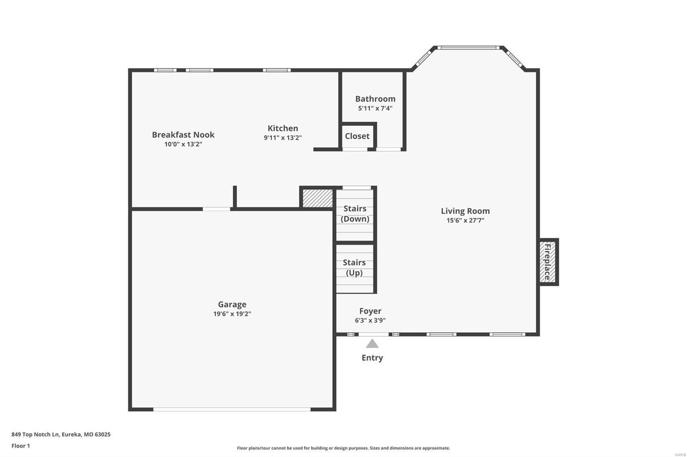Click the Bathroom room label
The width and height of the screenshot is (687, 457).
point(375,99)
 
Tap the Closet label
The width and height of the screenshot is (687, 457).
point(357,136)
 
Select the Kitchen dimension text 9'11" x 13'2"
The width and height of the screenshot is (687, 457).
point(283,138)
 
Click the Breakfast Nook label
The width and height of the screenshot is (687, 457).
point(183,135)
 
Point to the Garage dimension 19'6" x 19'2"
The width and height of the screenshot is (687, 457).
point(232,314)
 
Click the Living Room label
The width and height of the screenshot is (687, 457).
point(465,211)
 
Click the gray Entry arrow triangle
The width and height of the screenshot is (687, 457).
point(372,344)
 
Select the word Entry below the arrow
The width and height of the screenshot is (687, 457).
point(372,358)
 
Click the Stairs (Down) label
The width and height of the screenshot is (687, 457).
point(355,213)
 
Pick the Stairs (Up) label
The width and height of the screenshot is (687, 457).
point(354,268)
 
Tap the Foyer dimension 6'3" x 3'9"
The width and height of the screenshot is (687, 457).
point(370,320)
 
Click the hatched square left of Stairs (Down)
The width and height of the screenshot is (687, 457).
point(317,198)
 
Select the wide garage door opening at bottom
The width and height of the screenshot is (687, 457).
point(232,409)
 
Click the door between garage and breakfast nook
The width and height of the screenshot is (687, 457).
point(216,209)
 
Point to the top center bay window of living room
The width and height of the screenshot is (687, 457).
point(468,48)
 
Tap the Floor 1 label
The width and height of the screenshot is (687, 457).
point(21,446)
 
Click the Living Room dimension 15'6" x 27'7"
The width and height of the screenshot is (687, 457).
point(465,220)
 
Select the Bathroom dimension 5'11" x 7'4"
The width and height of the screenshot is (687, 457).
point(375,108)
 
